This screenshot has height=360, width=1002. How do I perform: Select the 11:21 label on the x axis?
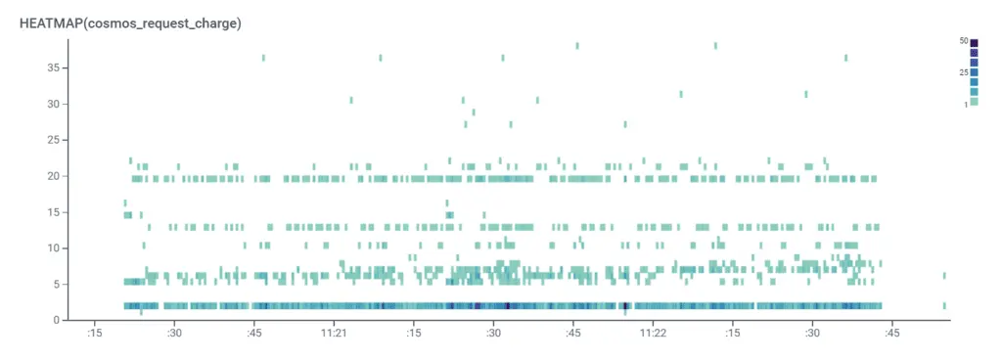[334, 334]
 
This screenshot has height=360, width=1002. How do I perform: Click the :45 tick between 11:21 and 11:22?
[573, 334]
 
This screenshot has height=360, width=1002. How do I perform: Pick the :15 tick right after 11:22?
[732, 334]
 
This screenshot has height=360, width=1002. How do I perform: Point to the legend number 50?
[964, 41]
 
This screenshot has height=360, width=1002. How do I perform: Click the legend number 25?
[964, 72]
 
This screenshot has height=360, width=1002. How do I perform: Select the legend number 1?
[966, 104]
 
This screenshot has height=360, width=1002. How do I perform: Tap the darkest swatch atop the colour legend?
[974, 43]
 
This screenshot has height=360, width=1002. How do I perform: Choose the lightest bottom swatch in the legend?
[974, 102]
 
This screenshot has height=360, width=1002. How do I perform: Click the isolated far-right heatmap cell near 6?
[944, 276]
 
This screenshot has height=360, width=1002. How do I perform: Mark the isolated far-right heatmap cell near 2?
[944, 305]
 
